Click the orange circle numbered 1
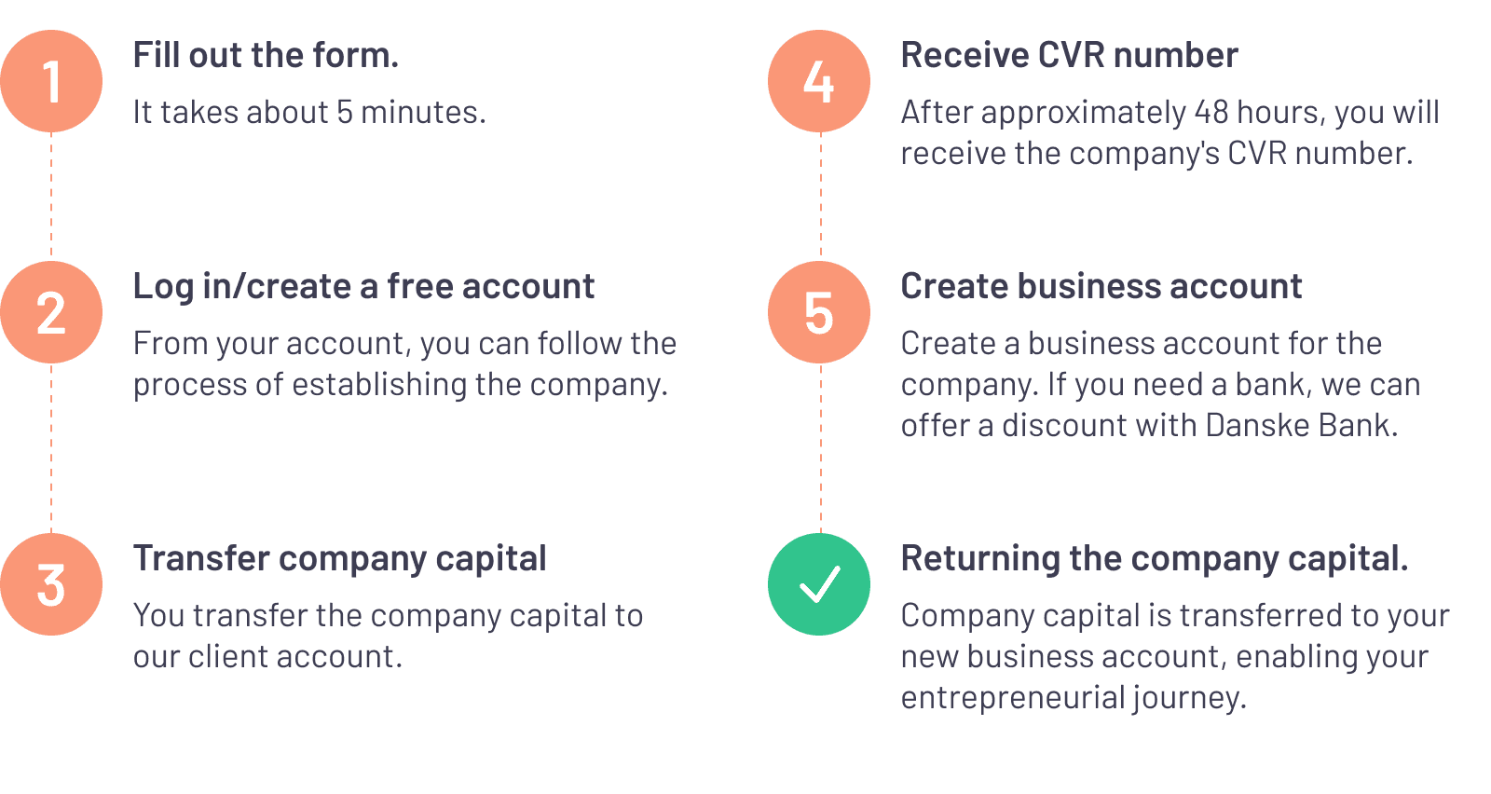tap(51, 81)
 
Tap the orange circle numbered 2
tap(51, 312)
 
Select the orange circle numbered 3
tap(51, 584)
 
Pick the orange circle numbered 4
tap(819, 81)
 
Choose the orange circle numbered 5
tap(819, 312)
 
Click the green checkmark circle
tap(819, 584)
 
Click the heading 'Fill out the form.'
tap(266, 56)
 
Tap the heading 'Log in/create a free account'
tap(363, 287)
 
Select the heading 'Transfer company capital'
tap(339, 559)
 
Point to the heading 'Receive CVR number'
tap(1069, 56)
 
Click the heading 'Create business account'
tap(1101, 287)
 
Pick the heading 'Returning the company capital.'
tap(1154, 559)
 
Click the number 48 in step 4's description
tap(1211, 113)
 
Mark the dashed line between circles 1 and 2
tap(51, 196)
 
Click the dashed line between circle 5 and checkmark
tap(820, 447)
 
